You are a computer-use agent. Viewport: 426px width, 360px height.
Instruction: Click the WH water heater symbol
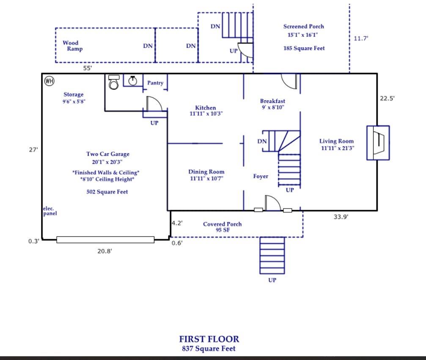click(49, 81)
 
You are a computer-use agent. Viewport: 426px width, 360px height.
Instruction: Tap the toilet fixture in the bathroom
click(113, 82)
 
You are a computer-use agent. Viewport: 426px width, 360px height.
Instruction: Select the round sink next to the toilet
click(133, 80)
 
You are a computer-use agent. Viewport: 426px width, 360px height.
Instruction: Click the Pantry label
click(155, 83)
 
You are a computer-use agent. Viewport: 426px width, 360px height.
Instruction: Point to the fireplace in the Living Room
click(378, 143)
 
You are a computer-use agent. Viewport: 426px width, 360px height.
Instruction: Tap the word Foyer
click(261, 176)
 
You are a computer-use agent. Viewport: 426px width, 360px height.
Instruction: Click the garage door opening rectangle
click(105, 240)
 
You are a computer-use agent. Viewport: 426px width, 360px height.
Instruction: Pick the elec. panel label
click(50, 211)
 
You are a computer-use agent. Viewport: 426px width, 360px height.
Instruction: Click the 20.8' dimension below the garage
click(104, 251)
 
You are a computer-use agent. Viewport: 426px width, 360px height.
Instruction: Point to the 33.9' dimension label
click(341, 217)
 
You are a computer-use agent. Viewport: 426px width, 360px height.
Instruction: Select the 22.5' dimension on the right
click(387, 98)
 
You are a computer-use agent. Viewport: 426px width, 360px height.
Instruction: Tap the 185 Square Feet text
click(304, 48)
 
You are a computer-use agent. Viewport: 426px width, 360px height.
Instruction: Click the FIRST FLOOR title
click(209, 339)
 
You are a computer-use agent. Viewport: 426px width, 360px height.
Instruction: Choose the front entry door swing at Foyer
click(272, 203)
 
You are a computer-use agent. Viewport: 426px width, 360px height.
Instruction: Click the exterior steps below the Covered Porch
click(272, 256)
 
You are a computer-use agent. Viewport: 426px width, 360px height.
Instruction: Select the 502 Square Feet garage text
click(107, 192)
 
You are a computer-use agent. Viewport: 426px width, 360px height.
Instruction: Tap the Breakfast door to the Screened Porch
click(290, 81)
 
